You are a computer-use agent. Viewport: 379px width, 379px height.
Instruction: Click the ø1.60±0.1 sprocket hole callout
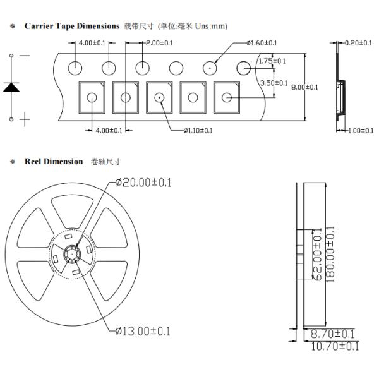click(x=262, y=43)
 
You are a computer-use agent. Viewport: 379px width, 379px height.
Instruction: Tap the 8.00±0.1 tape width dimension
click(x=304, y=87)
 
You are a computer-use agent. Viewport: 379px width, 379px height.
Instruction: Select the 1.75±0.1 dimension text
click(x=272, y=61)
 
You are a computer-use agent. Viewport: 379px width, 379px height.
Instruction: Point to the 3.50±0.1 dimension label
click(x=274, y=83)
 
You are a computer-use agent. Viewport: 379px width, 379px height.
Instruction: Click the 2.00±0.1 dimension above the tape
click(x=159, y=43)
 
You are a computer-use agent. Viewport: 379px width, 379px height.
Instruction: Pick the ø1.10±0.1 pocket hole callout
click(x=198, y=131)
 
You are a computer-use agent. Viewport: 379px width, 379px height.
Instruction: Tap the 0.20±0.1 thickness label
click(x=358, y=43)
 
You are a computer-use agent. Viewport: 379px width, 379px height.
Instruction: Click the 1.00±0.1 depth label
click(x=361, y=131)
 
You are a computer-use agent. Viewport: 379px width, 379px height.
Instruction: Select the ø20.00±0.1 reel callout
click(x=143, y=183)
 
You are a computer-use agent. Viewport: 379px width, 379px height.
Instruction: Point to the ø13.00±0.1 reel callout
click(x=143, y=331)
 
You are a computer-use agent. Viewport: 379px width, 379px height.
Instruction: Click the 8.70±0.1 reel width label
click(x=332, y=334)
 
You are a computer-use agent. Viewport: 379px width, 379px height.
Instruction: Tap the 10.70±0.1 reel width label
click(x=335, y=346)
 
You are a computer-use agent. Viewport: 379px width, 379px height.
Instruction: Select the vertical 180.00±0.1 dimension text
click(x=330, y=255)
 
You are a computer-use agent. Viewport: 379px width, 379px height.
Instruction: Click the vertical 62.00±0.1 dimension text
click(x=318, y=255)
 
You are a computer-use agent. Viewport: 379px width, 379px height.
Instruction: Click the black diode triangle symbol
click(x=11, y=87)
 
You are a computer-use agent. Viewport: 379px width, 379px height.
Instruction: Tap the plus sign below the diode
click(x=25, y=119)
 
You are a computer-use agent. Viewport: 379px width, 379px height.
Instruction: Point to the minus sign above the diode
click(x=25, y=56)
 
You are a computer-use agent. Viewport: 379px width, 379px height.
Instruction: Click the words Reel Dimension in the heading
click(x=54, y=162)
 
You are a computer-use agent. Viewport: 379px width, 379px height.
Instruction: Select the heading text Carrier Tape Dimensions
click(x=72, y=26)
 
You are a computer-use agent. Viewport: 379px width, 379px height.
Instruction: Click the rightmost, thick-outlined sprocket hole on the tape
click(x=243, y=68)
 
